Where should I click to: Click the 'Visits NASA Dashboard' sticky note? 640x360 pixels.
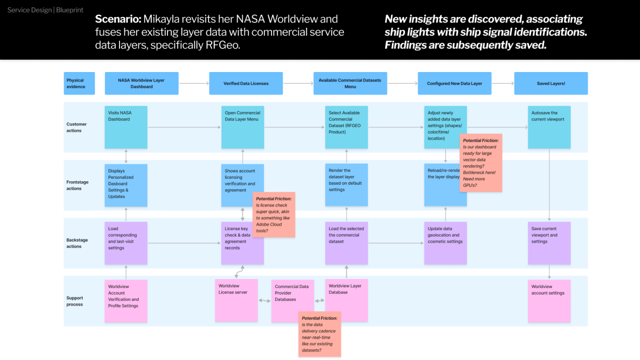point(126,127)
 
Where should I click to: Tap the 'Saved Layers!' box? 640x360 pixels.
point(550,84)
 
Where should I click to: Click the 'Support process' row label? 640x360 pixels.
point(75,301)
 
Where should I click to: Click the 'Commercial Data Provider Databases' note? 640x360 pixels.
point(292,301)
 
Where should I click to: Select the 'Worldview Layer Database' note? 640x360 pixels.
point(346,300)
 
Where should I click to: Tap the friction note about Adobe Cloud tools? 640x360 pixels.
point(274,214)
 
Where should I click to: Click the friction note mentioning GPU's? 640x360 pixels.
point(481,163)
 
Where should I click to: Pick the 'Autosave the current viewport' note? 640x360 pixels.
point(549,127)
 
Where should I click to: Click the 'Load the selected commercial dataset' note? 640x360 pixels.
point(346,243)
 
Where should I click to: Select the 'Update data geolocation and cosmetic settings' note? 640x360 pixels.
point(445,243)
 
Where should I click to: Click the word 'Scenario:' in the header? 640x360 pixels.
point(118,19)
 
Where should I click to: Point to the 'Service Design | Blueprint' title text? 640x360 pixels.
point(45,10)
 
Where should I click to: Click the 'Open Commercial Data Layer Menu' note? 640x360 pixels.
point(243,127)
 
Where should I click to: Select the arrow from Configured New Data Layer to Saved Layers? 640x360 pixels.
point(498,84)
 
